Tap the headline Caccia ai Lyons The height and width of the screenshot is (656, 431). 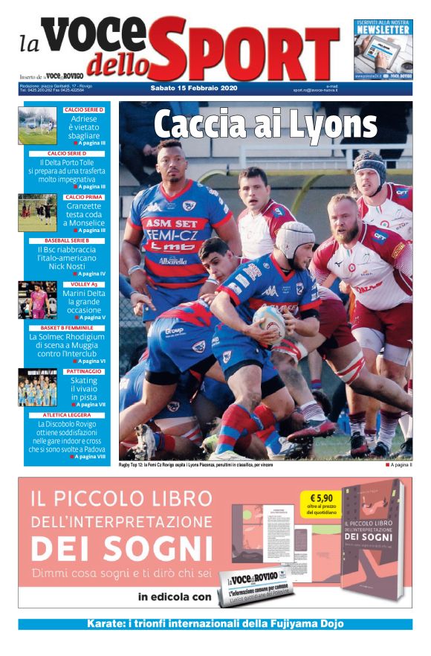tap(265, 124)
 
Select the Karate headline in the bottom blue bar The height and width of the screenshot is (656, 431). tap(215, 623)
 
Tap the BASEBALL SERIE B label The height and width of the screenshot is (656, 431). tap(67, 241)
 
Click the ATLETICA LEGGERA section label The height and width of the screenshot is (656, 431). tap(67, 415)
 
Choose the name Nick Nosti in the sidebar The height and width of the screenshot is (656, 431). tap(68, 266)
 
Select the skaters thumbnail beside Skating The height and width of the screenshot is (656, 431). tap(37, 388)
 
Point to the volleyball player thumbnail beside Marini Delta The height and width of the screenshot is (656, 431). tap(37, 300)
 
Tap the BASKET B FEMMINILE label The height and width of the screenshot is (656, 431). tap(67, 327)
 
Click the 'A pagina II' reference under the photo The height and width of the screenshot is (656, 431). tap(401, 465)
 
